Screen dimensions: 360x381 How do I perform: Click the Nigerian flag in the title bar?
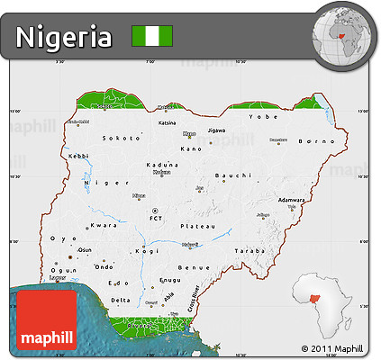coord(152,37)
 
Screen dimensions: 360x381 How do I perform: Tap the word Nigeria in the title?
coord(64,38)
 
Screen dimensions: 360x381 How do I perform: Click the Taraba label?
coord(250,251)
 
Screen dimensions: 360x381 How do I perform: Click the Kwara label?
coord(105,225)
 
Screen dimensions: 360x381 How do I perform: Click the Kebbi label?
coord(78,156)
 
